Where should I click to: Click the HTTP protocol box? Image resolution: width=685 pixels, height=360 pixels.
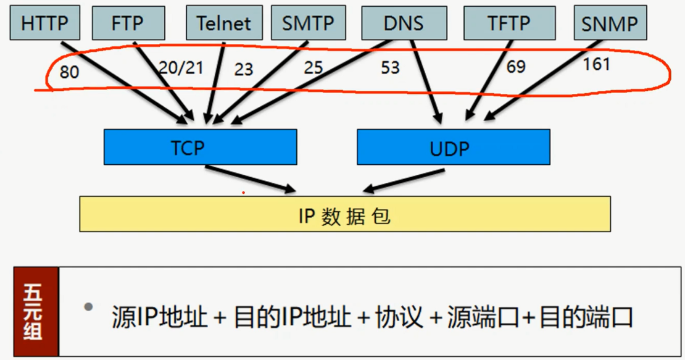(45, 23)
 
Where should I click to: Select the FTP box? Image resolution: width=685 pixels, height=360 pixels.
(128, 23)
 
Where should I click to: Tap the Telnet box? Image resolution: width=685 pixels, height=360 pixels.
(224, 23)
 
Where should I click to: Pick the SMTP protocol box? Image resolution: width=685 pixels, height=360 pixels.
(308, 23)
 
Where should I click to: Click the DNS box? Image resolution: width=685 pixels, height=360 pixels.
(404, 23)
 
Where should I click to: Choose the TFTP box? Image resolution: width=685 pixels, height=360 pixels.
(509, 23)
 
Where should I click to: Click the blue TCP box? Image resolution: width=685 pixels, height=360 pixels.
(200, 147)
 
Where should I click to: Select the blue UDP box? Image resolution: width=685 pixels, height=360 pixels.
(454, 147)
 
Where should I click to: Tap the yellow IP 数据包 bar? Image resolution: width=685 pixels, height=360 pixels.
(344, 214)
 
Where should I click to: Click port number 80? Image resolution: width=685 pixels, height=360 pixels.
(69, 73)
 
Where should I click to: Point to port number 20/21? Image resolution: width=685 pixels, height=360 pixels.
(181, 67)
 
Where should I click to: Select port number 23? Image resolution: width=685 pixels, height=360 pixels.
(244, 69)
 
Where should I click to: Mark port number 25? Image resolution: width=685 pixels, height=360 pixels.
(313, 67)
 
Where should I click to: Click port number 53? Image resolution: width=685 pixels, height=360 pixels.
(390, 67)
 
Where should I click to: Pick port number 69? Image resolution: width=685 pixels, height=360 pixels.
(516, 66)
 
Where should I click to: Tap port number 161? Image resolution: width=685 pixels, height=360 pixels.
(596, 64)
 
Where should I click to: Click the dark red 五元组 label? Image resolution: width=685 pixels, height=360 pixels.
(36, 312)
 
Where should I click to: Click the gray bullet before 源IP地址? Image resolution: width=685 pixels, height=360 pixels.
(89, 306)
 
